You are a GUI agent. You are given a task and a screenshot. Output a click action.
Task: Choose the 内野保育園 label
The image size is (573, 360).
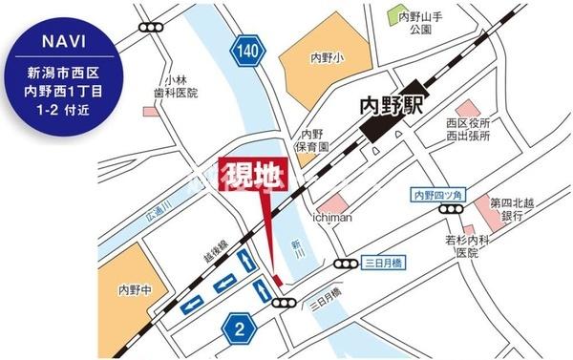point(311,142)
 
